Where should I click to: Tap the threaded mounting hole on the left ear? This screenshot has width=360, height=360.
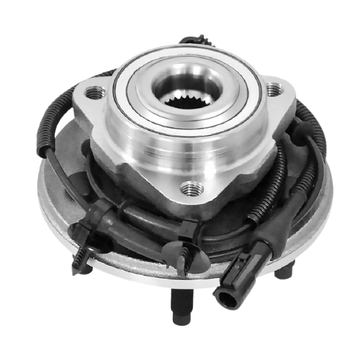[x=93, y=92]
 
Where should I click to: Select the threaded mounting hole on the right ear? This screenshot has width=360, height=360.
[x=272, y=90]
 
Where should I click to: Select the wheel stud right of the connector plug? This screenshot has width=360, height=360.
[x=283, y=272]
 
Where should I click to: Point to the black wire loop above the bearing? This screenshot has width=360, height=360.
[x=194, y=40]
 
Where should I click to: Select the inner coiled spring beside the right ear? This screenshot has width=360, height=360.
[x=277, y=173]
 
